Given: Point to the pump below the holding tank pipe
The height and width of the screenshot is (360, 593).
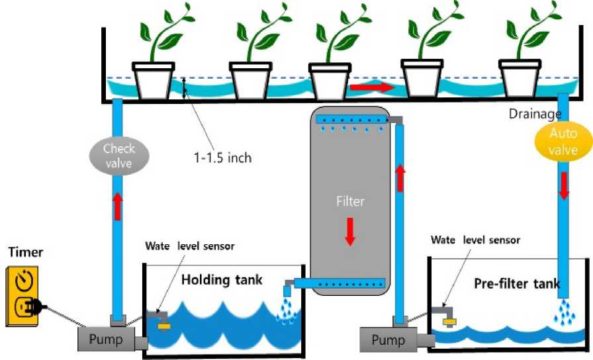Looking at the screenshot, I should click(108, 338).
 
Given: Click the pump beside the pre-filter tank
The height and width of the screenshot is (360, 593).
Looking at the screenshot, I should click(387, 338).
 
